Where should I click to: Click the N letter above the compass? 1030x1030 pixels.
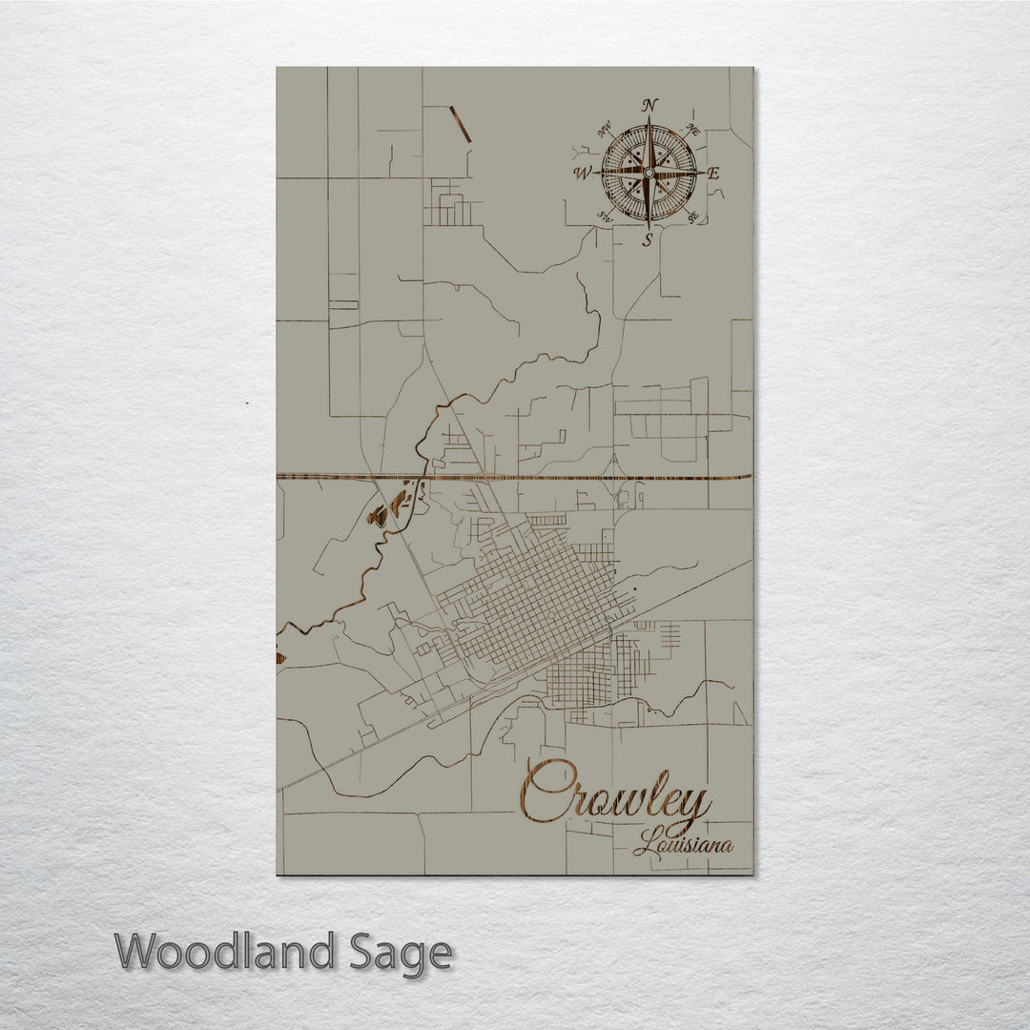point(649,104)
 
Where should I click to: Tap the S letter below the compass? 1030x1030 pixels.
point(648,240)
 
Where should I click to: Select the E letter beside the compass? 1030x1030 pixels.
point(713,173)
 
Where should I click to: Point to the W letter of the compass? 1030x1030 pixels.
point(583,173)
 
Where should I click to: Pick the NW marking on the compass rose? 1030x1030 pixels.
point(604,131)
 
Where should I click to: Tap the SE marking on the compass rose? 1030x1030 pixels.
point(694,215)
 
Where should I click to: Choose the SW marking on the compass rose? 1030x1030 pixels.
point(604,216)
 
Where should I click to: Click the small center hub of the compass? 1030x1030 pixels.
point(649,173)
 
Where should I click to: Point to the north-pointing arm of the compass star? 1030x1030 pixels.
point(649,143)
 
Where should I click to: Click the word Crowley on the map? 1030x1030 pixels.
point(615,793)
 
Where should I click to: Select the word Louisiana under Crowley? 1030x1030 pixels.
point(683,844)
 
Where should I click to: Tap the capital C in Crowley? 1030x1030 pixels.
point(544,792)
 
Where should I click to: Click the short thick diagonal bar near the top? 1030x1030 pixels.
point(461,125)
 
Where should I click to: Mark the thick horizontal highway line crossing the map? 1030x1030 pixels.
point(515,476)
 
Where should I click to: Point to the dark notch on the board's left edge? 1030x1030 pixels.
point(280,657)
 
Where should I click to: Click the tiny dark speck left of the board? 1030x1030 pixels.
point(247,404)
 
